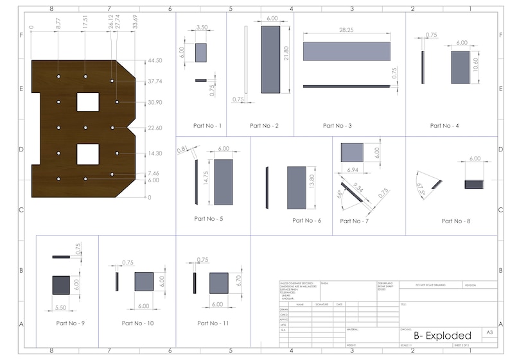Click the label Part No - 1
click(200, 126)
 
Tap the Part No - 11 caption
click(213, 323)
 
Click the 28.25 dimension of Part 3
click(346, 30)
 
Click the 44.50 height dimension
click(155, 60)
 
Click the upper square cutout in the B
click(88, 102)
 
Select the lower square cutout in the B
click(88, 153)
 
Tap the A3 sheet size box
click(489, 332)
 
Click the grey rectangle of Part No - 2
click(270, 59)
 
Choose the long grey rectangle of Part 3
click(346, 51)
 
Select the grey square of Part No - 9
click(61, 284)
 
